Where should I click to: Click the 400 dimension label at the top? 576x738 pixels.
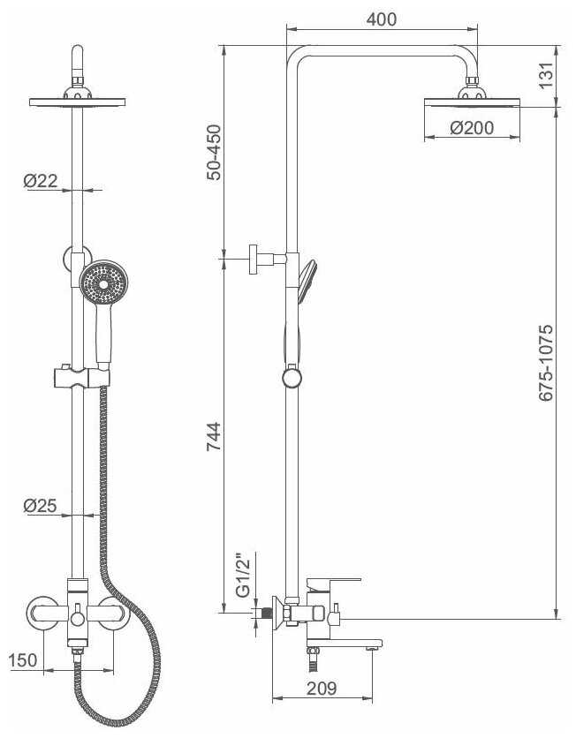[x=382, y=19]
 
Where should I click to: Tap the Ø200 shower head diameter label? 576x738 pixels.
[x=472, y=127]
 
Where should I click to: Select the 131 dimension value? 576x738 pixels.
[x=545, y=75]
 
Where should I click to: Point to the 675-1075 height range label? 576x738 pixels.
[x=545, y=363]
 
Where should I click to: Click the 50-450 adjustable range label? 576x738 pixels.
[x=214, y=152]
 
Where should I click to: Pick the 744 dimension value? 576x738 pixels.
[x=214, y=436]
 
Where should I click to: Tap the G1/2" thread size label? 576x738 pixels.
[x=243, y=575]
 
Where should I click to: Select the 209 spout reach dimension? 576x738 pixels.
[x=322, y=688]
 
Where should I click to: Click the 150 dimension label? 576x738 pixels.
[x=23, y=659]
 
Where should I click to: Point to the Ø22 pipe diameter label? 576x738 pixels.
[x=41, y=180]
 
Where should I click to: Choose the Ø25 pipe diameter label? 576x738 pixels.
[x=40, y=506]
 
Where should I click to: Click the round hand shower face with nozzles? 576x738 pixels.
[x=103, y=283]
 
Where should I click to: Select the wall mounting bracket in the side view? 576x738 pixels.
[x=262, y=259]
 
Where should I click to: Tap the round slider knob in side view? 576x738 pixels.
[x=292, y=379]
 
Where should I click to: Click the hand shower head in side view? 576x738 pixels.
[x=307, y=279]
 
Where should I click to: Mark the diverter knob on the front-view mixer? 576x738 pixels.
[x=78, y=618]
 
